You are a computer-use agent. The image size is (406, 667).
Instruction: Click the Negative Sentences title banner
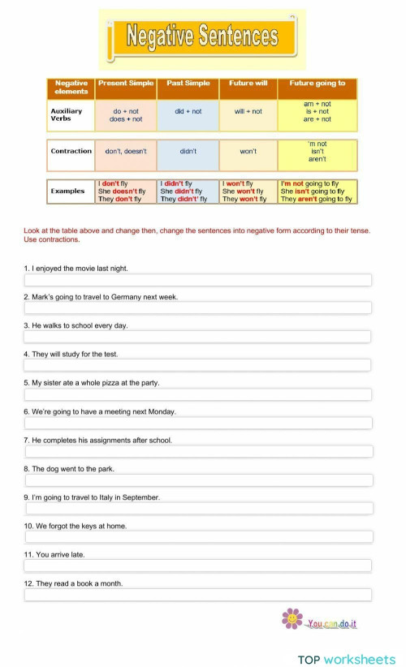202,37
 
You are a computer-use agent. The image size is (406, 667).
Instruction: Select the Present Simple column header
126,84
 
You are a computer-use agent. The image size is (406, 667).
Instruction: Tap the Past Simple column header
188,84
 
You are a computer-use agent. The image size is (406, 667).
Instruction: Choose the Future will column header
248,84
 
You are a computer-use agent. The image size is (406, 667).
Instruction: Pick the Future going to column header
317,84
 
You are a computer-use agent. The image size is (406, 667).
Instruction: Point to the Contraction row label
71,152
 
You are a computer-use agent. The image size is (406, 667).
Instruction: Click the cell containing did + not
188,111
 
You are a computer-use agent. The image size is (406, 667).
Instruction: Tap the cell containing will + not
248,111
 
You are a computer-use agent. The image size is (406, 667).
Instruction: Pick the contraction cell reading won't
248,152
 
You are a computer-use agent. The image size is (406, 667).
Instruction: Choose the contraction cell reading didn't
188,152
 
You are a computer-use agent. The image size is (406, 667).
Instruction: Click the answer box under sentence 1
198,280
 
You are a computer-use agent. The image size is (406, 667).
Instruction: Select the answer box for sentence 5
198,394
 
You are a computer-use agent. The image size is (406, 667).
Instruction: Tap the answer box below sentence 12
198,595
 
